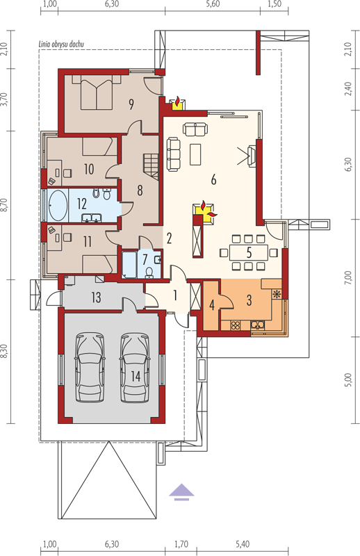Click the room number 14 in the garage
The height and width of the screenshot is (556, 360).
point(136,376)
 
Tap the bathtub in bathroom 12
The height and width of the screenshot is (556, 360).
point(58,205)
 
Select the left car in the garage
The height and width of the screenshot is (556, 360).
point(90,367)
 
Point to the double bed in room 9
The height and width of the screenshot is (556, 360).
point(97,92)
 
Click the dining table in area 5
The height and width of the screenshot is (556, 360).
point(249,252)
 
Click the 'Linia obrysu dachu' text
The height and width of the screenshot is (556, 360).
point(61,44)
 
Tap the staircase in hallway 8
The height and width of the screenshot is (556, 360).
point(151,165)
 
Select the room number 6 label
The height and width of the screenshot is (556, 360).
point(213,179)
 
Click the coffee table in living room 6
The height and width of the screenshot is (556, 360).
point(195,154)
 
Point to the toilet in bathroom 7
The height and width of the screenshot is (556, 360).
point(149,272)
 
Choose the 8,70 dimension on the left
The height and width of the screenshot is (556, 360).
point(5,205)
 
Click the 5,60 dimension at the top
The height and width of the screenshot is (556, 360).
point(213,4)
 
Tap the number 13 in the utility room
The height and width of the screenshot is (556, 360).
point(96,297)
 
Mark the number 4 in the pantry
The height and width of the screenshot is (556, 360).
point(212,304)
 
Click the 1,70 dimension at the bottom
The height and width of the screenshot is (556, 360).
point(181,544)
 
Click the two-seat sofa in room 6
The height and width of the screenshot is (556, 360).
point(195,128)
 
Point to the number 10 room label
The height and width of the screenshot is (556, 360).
point(89,169)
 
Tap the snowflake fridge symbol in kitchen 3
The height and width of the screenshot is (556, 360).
point(277,293)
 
